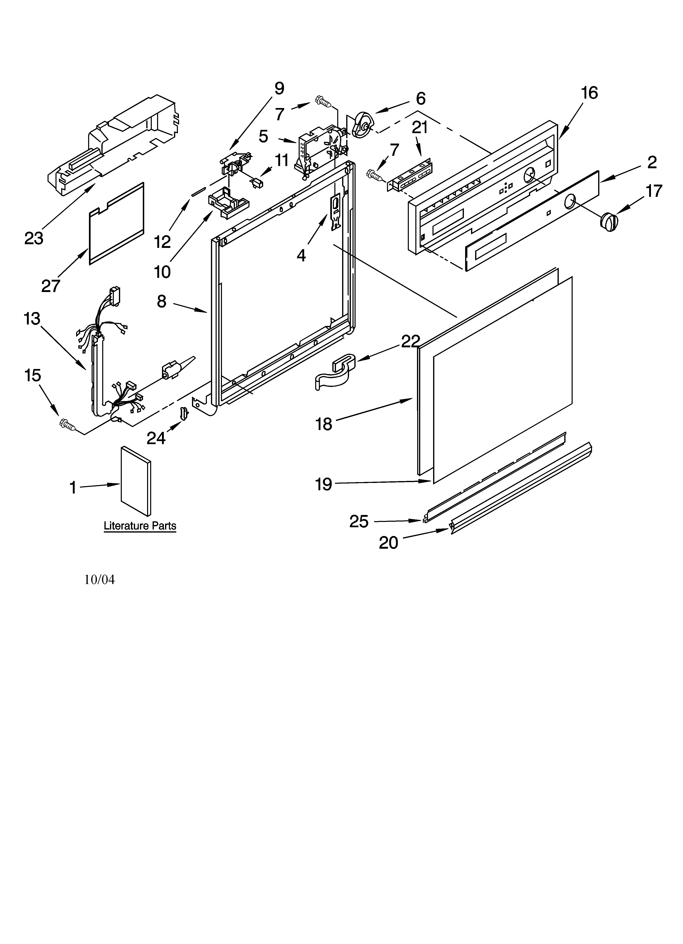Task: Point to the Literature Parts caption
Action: [x=140, y=526]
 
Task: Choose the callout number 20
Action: [x=388, y=543]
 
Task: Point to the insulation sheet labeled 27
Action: [x=116, y=224]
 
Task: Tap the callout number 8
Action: [x=162, y=301]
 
